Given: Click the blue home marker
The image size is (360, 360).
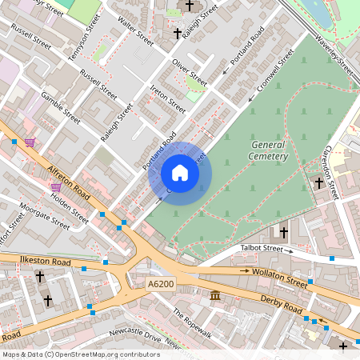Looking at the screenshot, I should [x=180, y=173].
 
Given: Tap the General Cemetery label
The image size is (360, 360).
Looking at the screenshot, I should [x=269, y=150].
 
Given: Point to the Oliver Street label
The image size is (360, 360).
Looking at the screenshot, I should [x=190, y=72].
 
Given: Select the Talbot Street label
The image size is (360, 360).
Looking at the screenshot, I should [x=262, y=249].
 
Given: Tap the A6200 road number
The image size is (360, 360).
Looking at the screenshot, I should [x=161, y=283].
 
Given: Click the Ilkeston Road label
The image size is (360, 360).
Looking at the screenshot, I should [x=32, y=259].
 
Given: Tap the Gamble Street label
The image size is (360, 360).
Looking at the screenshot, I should [x=61, y=106].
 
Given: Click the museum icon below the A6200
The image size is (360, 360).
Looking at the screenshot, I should [x=216, y=298].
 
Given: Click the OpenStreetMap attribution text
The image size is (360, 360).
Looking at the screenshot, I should [x=81, y=354].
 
